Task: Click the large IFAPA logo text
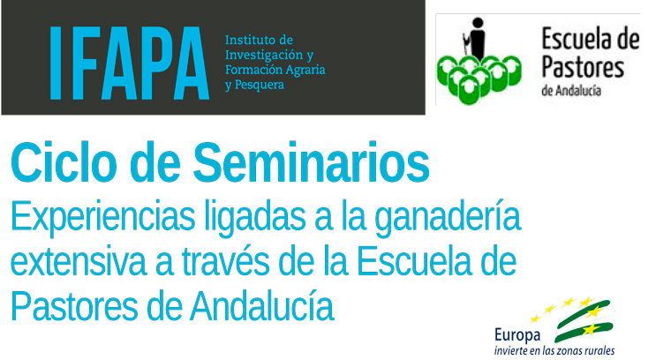pos(129,64)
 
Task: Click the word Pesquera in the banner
pos(260,85)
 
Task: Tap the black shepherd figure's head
pos(478,23)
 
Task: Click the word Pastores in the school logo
pos(583,68)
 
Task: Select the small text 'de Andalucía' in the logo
pos(571,90)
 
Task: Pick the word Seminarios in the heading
pos(311,162)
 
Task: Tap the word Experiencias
pos(103,217)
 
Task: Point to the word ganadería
pos(448,216)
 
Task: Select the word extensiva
pos(79,262)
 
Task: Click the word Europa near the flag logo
pos(517,336)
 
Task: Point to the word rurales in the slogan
pos(600,350)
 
